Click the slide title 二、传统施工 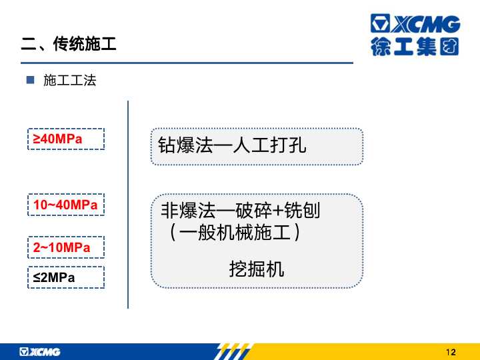tap(69, 44)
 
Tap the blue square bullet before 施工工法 tap(30, 80)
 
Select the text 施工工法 tap(70, 81)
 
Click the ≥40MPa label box tap(66, 139)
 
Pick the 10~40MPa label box tap(66, 205)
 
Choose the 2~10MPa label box tap(66, 247)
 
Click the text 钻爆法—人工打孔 tap(232, 145)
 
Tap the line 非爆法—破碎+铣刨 tap(240, 211)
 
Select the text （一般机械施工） tap(234, 233)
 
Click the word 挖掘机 tap(257, 269)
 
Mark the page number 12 tap(451, 353)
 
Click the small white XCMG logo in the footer tap(40, 352)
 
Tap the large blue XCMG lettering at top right tap(426, 23)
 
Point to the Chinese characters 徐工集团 tap(415, 47)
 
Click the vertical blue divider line tap(128, 205)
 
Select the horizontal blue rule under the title tap(187, 63)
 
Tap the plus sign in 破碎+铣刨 tap(278, 211)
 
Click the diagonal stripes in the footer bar tap(233, 351)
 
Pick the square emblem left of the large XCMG tap(380, 23)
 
